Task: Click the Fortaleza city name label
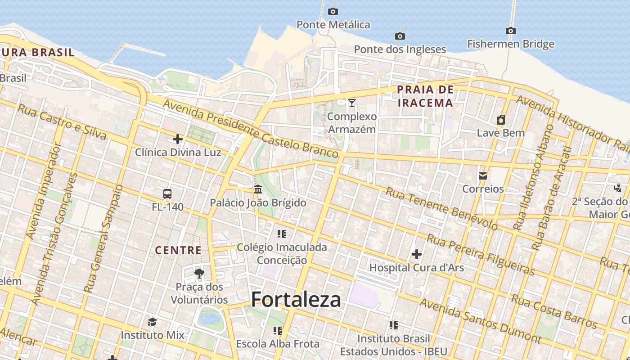point(296,300)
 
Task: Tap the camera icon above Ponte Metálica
point(333,11)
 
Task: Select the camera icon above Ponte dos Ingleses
point(400,36)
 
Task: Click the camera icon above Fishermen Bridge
point(510,31)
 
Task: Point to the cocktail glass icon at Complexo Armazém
point(352,103)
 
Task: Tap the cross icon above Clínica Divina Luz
point(178,139)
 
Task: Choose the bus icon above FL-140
point(167,194)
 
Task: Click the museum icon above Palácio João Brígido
point(258,189)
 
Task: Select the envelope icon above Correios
point(483,175)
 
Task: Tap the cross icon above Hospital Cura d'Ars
point(416,254)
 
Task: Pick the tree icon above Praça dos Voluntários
point(199,274)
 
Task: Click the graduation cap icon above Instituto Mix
point(152,322)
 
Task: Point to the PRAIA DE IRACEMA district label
point(425,96)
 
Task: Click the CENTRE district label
point(178,250)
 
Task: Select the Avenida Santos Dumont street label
point(480,320)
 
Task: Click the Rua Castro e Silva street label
point(62,121)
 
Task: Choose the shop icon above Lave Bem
point(500,120)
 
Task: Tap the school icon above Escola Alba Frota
point(278,331)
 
